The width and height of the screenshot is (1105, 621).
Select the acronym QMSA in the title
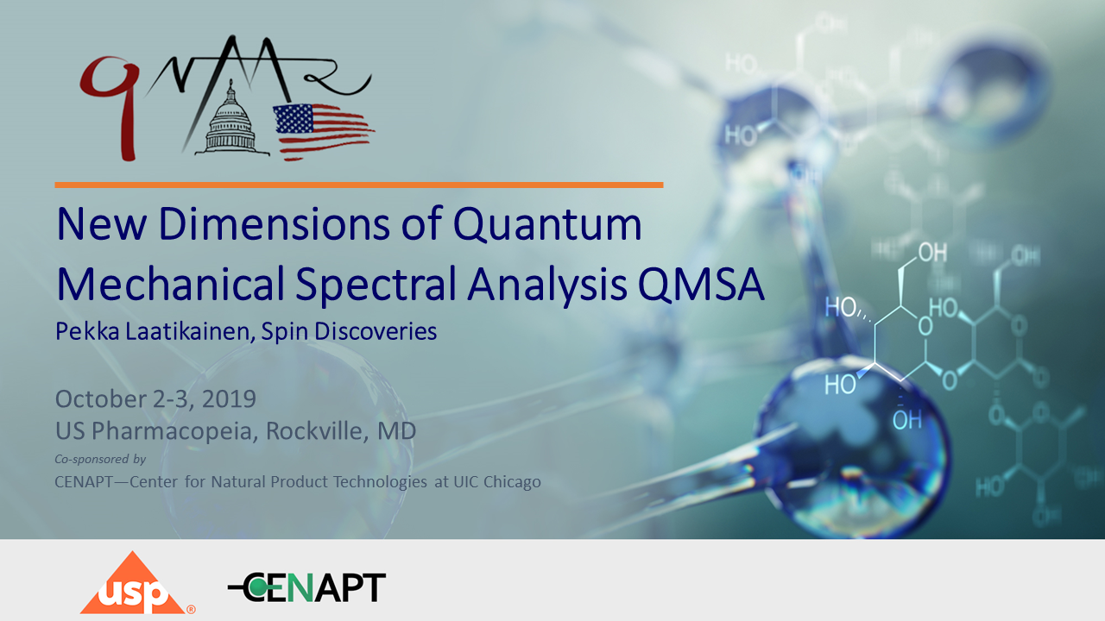[x=701, y=285]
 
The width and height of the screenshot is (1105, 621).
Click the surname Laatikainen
[x=189, y=331]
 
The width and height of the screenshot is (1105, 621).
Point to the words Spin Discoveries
[x=349, y=331]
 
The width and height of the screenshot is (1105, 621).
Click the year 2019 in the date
[x=229, y=398]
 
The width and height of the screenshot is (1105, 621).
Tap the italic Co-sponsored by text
[x=100, y=459]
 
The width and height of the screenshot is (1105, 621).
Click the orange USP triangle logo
[x=134, y=585]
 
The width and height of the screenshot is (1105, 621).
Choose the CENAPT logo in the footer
[x=306, y=587]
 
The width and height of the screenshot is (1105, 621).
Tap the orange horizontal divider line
[x=359, y=185]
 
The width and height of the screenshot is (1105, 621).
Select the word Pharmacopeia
[x=172, y=430]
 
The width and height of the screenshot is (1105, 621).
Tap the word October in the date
[x=100, y=398]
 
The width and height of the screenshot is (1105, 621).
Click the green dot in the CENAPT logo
[x=257, y=586]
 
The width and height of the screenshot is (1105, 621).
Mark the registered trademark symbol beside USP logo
[x=191, y=609]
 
